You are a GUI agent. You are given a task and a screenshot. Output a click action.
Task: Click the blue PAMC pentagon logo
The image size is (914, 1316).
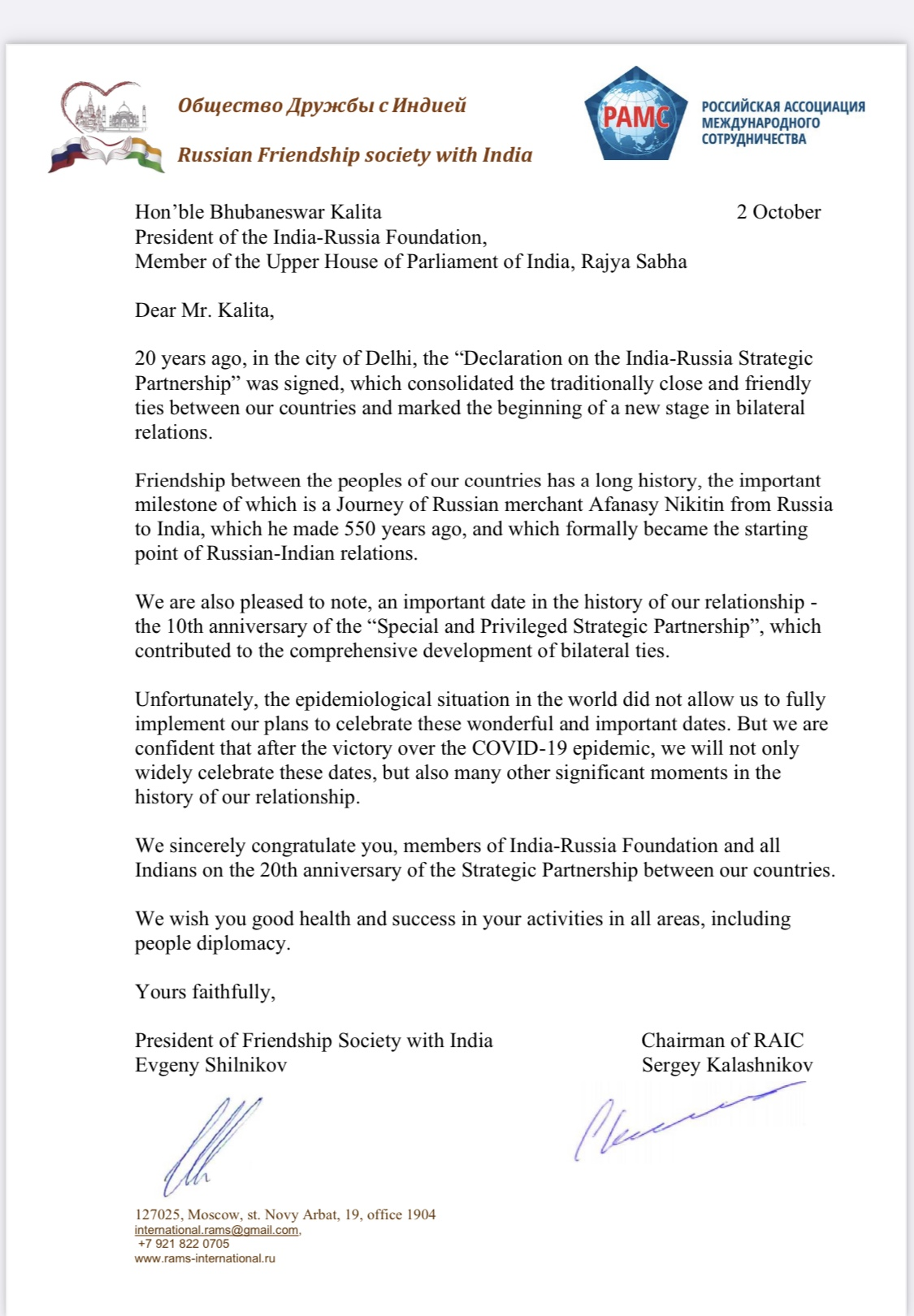click(636, 115)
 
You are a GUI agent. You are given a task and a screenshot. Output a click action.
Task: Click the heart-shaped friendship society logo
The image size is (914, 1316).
click(106, 127)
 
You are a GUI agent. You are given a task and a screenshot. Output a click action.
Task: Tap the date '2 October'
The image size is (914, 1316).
click(778, 212)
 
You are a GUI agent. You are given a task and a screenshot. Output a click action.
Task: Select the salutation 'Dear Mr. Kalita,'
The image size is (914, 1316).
click(205, 310)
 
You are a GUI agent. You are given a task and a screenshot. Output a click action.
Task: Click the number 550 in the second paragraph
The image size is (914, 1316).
click(360, 529)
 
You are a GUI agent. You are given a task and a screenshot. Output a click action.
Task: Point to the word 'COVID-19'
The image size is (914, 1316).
click(531, 748)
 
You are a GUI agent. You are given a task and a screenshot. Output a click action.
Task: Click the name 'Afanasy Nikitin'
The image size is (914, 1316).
click(656, 504)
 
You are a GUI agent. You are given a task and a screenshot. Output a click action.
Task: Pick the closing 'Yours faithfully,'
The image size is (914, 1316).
click(205, 992)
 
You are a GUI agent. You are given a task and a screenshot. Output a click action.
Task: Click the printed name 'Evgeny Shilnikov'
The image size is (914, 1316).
click(210, 1065)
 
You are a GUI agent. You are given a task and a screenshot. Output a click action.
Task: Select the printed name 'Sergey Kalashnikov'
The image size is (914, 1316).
click(727, 1065)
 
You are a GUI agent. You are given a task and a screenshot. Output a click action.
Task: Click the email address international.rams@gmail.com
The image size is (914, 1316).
click(217, 1230)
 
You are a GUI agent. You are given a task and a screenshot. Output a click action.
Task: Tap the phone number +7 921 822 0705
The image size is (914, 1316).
click(184, 1244)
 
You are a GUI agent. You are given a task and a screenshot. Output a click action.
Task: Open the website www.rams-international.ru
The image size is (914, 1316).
click(205, 1258)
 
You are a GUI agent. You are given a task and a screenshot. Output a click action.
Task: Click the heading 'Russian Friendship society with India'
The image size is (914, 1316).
click(355, 155)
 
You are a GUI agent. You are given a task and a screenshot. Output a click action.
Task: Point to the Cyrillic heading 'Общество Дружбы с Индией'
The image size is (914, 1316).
click(322, 106)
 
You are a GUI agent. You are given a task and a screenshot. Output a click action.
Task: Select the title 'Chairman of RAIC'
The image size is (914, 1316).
click(722, 1041)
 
